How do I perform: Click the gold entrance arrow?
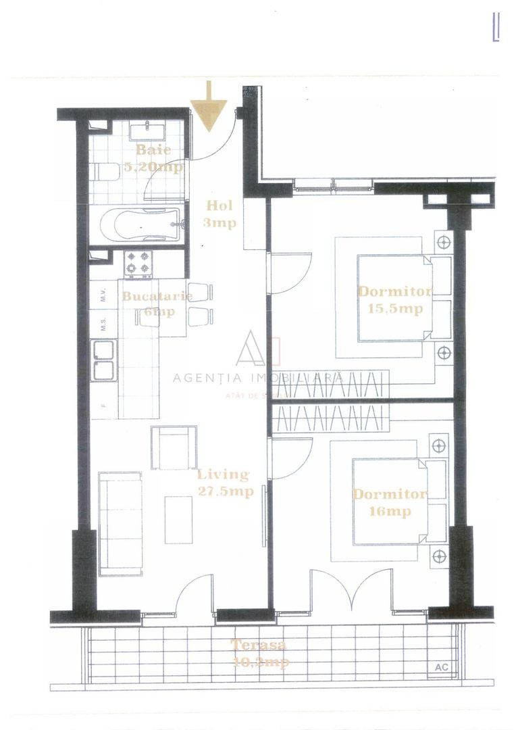coord(209,107)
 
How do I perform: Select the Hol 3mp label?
coord(220,214)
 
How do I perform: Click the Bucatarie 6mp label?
coord(157,303)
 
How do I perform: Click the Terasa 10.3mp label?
coord(259,653)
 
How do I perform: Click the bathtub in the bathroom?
coord(139,224)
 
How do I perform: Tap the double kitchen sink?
coord(105,360)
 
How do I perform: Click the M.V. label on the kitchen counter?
coord(103,295)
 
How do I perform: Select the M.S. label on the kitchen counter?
coord(103,324)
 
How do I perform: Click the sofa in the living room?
coord(120,522)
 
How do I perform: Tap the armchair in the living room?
coord(174,447)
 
